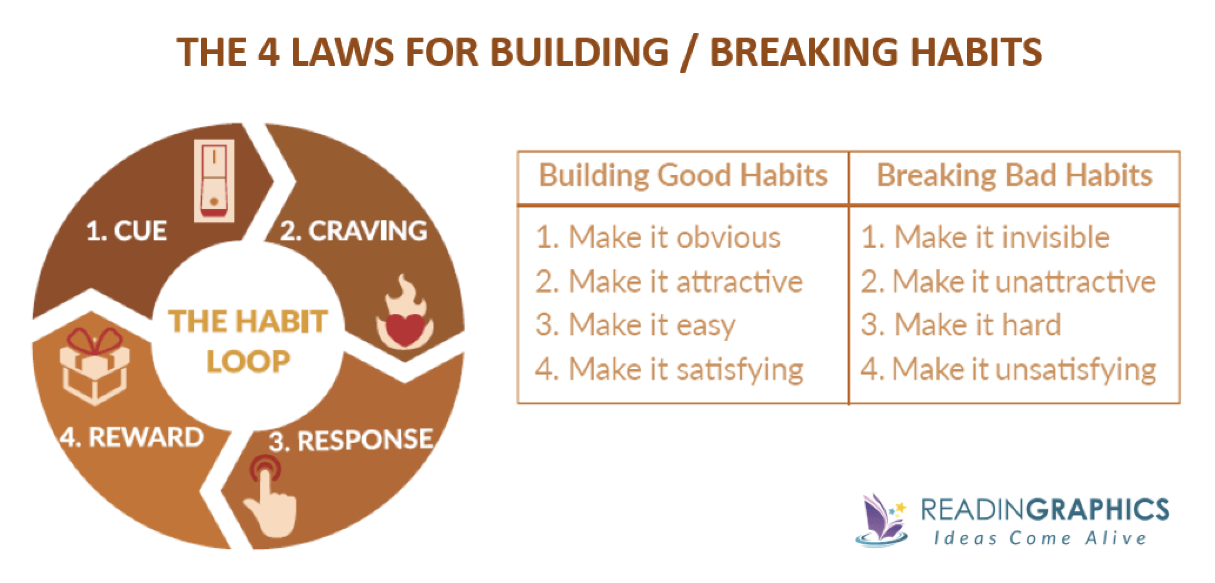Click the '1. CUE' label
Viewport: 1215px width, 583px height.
point(126,230)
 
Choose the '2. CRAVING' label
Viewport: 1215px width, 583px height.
point(353,230)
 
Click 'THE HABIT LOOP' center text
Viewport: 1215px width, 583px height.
point(248,341)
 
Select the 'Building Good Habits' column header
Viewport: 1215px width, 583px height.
point(683,176)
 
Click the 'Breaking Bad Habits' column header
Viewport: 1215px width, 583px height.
point(1014,176)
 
